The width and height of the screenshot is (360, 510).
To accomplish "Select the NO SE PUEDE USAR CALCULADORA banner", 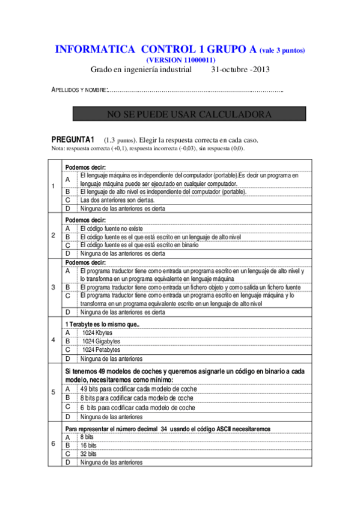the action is click(180, 114).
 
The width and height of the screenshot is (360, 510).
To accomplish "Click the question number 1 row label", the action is click(53, 186).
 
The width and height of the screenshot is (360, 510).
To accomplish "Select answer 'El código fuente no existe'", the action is click(115, 229).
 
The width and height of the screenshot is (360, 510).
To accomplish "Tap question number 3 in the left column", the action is click(53, 287).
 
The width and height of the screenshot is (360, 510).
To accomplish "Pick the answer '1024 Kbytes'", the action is click(97, 333).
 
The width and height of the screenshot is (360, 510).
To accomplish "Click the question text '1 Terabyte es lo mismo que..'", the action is click(102, 324).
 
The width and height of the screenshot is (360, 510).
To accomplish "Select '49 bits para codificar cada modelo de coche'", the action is click(138, 389).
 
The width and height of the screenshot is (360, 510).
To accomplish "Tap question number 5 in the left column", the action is click(53, 393).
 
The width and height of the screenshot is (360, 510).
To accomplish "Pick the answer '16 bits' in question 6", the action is click(88, 445).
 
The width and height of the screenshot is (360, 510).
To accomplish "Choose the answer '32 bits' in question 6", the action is click(88, 454).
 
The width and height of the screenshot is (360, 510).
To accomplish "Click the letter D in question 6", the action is click(68, 462).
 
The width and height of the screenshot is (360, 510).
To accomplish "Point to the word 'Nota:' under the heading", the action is click(58, 149).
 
